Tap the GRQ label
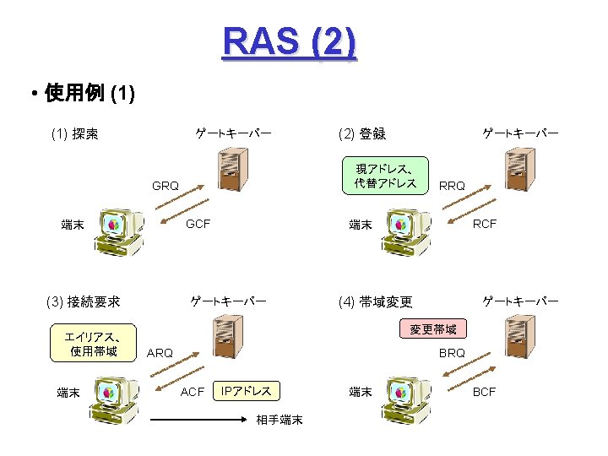(x=165, y=186)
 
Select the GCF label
(x=198, y=224)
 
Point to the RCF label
(x=485, y=224)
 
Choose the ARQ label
(x=160, y=353)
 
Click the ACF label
(x=193, y=391)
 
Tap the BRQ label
(x=452, y=353)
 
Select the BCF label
(x=485, y=391)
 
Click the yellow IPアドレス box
(x=246, y=391)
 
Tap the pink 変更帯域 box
(x=432, y=329)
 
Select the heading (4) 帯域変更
(x=375, y=301)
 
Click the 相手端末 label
(x=279, y=420)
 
